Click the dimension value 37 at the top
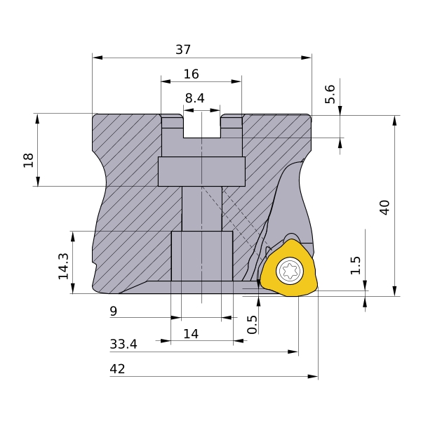click(183, 50)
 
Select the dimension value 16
click(191, 74)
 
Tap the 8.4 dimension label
click(194, 98)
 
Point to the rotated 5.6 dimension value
click(330, 94)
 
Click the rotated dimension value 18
click(28, 160)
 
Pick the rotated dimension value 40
click(385, 207)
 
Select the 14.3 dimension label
click(64, 266)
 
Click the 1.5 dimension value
click(356, 265)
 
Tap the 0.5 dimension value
click(252, 325)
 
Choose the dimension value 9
click(114, 312)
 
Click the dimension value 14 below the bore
click(191, 334)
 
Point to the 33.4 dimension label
click(123, 345)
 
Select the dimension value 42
click(117, 369)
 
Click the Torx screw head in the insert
click(290, 271)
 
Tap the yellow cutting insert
click(289, 269)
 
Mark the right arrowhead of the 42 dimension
click(313, 376)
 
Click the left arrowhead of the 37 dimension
click(98, 58)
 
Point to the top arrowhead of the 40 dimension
click(394, 121)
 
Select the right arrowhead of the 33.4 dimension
click(293, 352)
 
